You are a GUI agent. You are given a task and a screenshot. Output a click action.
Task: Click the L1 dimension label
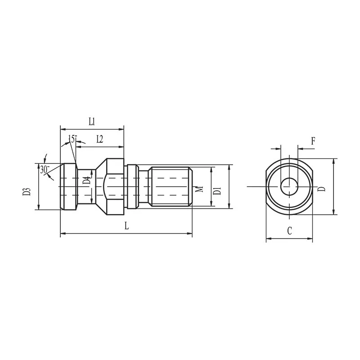pos(92,121)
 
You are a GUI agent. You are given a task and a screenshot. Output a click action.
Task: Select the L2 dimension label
pos(99,139)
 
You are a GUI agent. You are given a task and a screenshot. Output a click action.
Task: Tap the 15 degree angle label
pos(72,139)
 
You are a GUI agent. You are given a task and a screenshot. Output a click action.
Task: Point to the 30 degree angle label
pos(45,170)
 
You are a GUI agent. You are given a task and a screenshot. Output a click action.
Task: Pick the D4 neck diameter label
pos(86,181)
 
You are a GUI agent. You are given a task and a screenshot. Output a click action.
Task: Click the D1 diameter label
pos(217,191)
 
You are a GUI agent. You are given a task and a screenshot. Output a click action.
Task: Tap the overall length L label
pos(127,226)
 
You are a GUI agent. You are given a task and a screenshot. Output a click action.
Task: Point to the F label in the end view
pos(313,141)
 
